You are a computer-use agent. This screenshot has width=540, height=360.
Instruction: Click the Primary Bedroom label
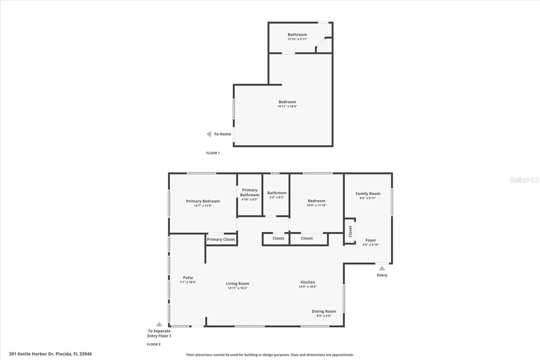[203, 201]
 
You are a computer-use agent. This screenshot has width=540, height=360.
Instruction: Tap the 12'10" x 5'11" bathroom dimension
[297, 39]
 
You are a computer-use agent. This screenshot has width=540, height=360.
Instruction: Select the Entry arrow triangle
[382, 268]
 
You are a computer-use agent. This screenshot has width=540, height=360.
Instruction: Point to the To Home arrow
[209, 134]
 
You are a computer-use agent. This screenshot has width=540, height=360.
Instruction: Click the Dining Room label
[324, 311]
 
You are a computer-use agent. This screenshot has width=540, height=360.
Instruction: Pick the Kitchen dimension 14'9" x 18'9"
[307, 287]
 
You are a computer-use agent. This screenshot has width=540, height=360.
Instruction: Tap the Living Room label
[238, 284]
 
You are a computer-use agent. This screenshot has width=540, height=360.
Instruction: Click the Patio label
[188, 278]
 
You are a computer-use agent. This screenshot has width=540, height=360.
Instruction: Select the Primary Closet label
[221, 239]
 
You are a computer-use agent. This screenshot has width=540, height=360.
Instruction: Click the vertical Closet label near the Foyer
[350, 231]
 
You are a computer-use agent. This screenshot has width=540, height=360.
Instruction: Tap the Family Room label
[368, 194]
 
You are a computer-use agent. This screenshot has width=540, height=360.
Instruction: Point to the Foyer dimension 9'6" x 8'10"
[371, 245]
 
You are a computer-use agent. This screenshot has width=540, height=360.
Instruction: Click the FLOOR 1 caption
[213, 153]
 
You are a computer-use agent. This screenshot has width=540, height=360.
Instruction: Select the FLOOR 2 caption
[154, 344]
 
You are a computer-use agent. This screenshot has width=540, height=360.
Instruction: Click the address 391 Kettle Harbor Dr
[50, 354]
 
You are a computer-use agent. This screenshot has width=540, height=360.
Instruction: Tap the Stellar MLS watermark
[524, 180]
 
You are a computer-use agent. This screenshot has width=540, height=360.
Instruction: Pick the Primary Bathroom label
[250, 192]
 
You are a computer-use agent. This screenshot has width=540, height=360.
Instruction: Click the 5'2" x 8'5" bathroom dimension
[276, 197]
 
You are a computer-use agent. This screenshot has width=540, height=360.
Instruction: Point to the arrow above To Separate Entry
[159, 324]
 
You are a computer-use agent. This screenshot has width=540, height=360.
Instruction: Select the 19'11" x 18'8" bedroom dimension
[287, 106]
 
